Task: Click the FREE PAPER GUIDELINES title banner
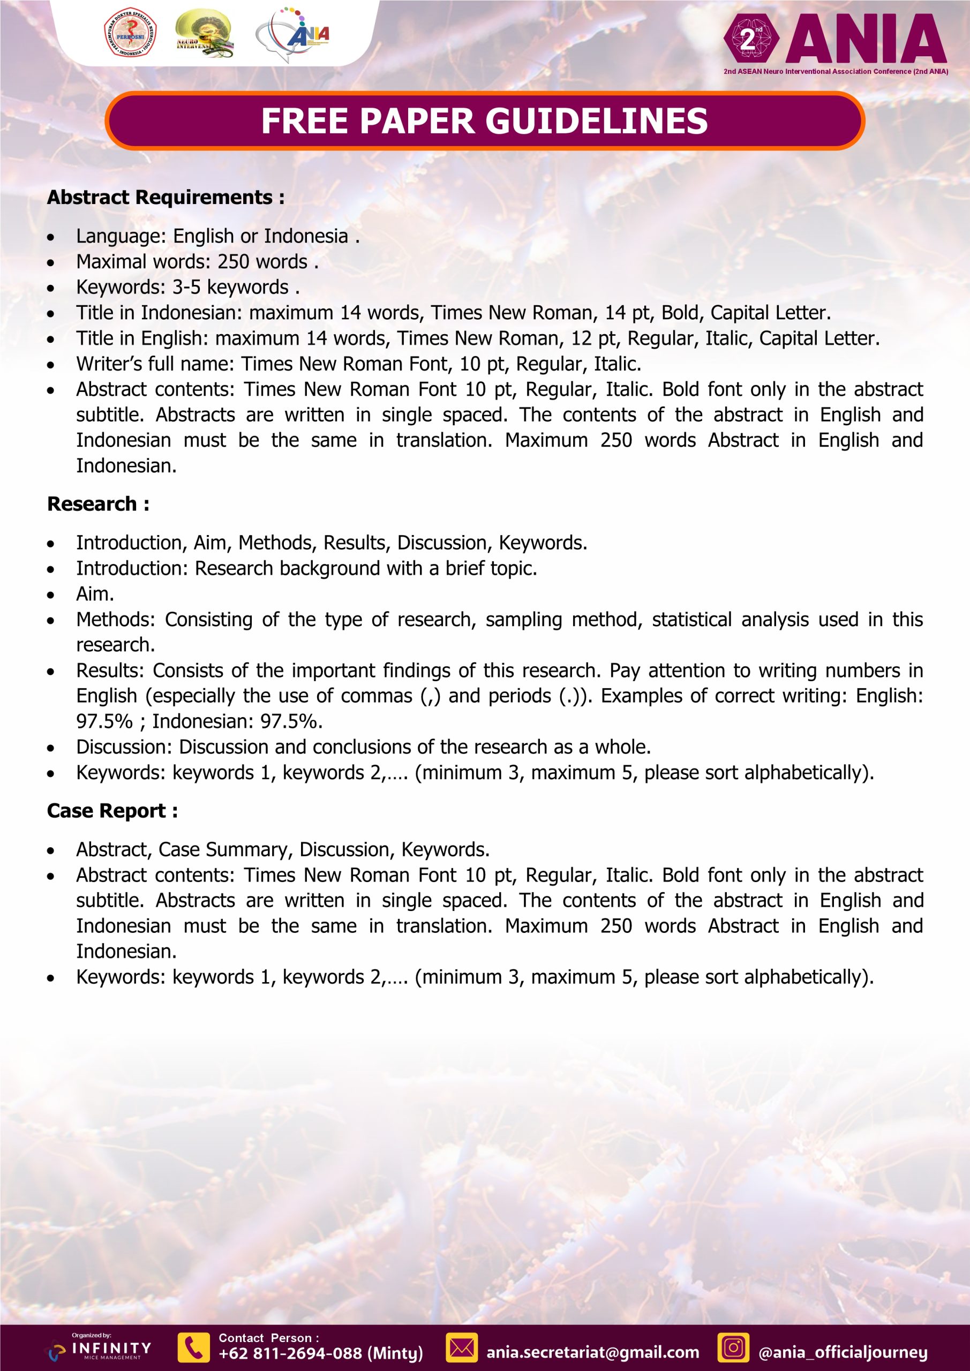pyautogui.click(x=484, y=120)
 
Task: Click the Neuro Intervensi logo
pyautogui.click(x=204, y=35)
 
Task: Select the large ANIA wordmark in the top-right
pyautogui.click(x=866, y=40)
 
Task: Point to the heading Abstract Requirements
pyautogui.click(x=166, y=197)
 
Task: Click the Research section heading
pyautogui.click(x=98, y=504)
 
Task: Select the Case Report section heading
pyautogui.click(x=112, y=811)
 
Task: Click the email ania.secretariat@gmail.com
pyautogui.click(x=592, y=1352)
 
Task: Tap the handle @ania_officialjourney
pyautogui.click(x=843, y=1352)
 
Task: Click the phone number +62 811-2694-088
pyautogui.click(x=321, y=1354)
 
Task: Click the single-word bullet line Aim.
pyautogui.click(x=95, y=594)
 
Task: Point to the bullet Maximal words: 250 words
pyautogui.click(x=197, y=261)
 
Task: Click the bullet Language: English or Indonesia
pyautogui.click(x=217, y=236)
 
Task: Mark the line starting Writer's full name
pyautogui.click(x=358, y=364)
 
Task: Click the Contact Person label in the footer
pyautogui.click(x=269, y=1338)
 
